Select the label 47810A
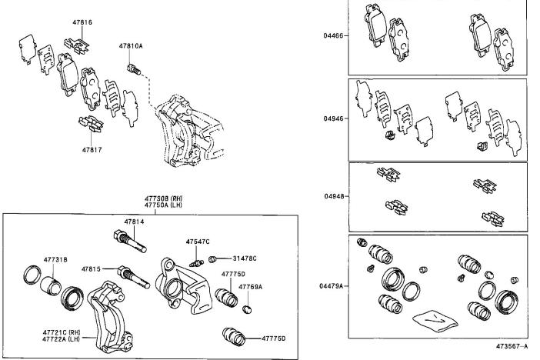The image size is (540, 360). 131,46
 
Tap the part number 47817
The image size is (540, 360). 92,149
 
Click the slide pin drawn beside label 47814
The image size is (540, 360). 135,240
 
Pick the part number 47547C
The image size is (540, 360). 198,242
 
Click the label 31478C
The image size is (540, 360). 244,258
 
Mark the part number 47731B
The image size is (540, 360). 55,261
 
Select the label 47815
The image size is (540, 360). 92,269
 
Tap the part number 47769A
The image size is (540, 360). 250,286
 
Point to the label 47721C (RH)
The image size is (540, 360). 62,332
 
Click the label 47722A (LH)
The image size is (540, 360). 62,339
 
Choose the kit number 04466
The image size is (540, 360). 334,35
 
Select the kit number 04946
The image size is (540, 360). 334,119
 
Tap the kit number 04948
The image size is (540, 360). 334,195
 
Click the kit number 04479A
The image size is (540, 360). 332,286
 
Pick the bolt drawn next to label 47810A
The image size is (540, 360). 137,71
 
